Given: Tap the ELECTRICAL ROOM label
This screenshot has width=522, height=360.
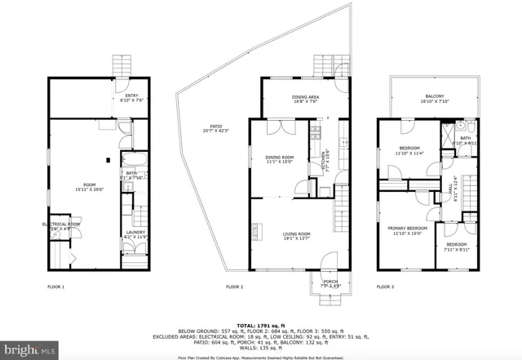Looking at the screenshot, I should pyautogui.click(x=61, y=226).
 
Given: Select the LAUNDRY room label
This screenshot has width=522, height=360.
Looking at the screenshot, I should pyautogui.click(x=135, y=234).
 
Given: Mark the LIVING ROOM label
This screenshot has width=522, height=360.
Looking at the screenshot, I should pyautogui.click(x=297, y=236).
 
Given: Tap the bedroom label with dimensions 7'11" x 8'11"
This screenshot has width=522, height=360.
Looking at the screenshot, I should pyautogui.click(x=456, y=246).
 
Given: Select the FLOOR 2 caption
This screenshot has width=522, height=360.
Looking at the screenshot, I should pyautogui.click(x=235, y=287).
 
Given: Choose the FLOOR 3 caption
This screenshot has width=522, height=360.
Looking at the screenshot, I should pyautogui.click(x=386, y=287).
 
